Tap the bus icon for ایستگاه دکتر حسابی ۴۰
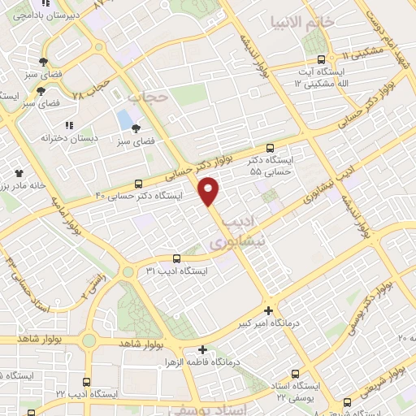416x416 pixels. pyautogui.click(x=138, y=184)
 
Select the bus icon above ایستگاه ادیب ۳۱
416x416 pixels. pyautogui.click(x=177, y=259)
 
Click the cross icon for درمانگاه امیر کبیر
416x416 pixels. pyautogui.click(x=269, y=310)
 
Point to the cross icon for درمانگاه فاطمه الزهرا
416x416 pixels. pyautogui.click(x=201, y=351)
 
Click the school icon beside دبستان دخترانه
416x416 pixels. pyautogui.click(x=71, y=125)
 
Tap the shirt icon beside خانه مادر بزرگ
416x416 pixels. pyautogui.click(x=19, y=172)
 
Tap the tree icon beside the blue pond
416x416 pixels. pyautogui.click(x=136, y=128)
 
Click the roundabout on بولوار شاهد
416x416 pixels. pyautogui.click(x=89, y=340)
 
